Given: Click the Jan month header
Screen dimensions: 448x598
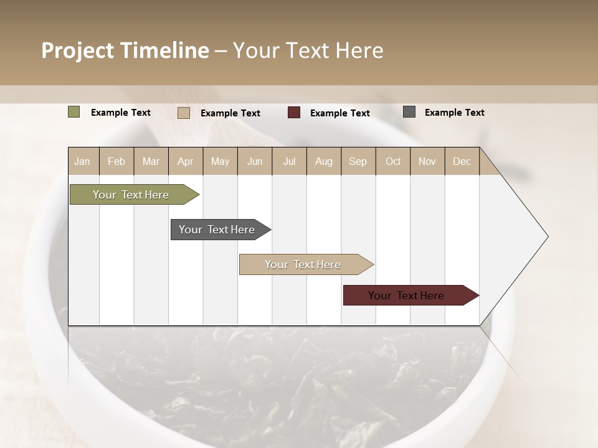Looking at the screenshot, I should pyautogui.click(x=83, y=161).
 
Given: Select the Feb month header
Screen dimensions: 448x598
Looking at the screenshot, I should pyautogui.click(x=116, y=161).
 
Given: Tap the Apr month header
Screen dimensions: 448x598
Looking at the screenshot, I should pyautogui.click(x=186, y=161).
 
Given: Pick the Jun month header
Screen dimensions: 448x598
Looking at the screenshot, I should pyautogui.click(x=255, y=161).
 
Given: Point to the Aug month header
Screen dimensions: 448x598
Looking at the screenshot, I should pyautogui.click(x=324, y=161).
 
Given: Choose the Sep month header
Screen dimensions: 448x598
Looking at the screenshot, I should pyautogui.click(x=358, y=161).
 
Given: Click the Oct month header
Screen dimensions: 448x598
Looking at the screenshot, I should pyautogui.click(x=393, y=161).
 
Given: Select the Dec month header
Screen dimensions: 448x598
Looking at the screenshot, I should pyautogui.click(x=462, y=161).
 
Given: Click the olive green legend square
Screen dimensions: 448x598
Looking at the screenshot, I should pyautogui.click(x=74, y=112).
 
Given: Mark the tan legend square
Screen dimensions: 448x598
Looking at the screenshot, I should pyautogui.click(x=184, y=113).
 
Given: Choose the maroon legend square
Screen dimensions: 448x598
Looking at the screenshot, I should pyautogui.click(x=294, y=113).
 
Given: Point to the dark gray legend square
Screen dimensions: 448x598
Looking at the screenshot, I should pyautogui.click(x=409, y=112).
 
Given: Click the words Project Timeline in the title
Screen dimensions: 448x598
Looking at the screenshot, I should pyautogui.click(x=125, y=50).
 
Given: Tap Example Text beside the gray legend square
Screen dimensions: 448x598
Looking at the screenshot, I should pyautogui.click(x=455, y=113).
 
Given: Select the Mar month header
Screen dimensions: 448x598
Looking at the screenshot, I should pyautogui.click(x=151, y=161).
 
